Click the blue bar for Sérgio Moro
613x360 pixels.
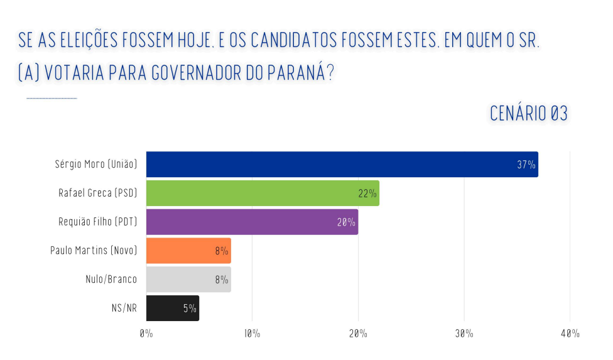327,164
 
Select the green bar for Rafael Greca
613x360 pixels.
251,193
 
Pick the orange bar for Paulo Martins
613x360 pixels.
182,251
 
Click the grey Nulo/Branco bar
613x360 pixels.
182,280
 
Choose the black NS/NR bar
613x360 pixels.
166,308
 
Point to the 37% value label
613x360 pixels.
526,165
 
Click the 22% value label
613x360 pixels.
367,194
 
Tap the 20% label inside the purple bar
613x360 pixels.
346,222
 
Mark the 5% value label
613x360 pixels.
190,308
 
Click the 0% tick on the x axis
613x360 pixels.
146,334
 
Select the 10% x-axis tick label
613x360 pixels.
252,334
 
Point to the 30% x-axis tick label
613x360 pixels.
464,334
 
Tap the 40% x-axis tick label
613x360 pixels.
570,334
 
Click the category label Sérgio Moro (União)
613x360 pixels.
95,164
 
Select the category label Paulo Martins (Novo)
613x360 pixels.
94,251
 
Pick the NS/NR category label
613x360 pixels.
124,308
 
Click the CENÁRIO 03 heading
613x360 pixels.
528,114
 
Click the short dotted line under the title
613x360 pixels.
52,98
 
